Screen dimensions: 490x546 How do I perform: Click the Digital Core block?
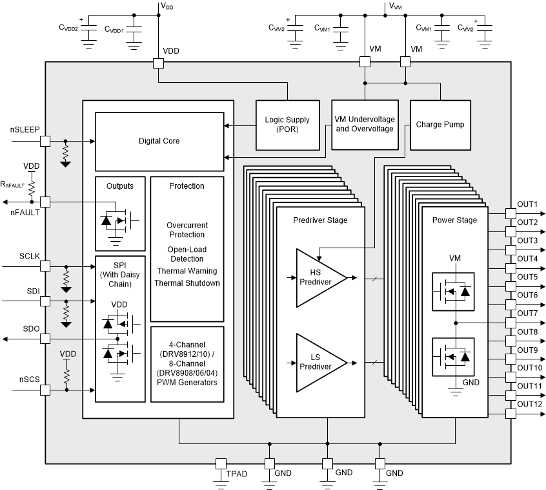pos(159,141)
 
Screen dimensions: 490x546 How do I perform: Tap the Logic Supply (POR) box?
pos(287,125)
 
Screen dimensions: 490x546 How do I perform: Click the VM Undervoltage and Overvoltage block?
pos(363,125)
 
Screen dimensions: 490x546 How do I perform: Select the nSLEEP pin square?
pos(45,141)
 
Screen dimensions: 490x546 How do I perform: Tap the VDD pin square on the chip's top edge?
pos(159,63)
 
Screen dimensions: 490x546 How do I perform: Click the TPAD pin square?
pos(221,463)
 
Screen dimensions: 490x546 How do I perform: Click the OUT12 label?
pos(529,404)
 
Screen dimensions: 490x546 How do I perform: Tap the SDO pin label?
pos(31,329)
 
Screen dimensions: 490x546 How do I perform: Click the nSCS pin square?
pos(45,390)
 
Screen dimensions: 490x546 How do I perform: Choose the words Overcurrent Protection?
pos(187,229)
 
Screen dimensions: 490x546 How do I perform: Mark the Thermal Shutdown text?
pos(187,282)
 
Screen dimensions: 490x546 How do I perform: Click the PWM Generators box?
pos(187,365)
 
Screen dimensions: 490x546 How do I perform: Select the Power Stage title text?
pos(454,220)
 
